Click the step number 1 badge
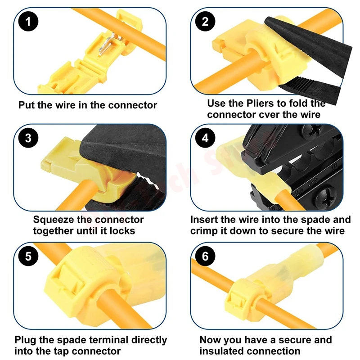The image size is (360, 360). (28, 22)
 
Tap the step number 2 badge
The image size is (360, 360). (205, 22)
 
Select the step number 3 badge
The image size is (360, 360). (28, 138)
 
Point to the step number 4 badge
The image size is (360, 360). (205, 138)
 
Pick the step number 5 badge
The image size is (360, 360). (28, 256)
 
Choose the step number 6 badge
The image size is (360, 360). (205, 256)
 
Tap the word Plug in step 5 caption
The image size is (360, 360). (25, 340)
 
